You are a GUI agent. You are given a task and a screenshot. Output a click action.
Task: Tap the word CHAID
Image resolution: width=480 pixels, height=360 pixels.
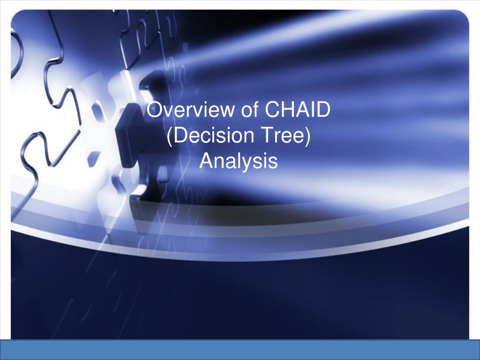coord(297,109)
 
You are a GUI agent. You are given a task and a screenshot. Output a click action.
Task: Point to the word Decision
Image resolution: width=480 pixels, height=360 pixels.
coord(214,135)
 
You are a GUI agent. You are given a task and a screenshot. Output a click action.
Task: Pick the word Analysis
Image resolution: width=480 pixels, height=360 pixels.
coord(239,161)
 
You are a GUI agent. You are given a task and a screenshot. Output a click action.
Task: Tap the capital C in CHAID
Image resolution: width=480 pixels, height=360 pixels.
coord(272,109)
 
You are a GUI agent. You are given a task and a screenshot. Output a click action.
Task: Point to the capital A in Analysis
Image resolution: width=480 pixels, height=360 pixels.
coord(207,161)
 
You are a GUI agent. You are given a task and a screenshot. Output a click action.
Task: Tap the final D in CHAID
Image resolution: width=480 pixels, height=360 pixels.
coord(323,109)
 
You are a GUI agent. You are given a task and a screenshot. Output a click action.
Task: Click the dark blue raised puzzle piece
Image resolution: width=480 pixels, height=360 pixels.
coord(132,135)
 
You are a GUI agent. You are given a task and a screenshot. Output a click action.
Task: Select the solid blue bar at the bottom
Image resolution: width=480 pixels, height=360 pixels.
coord(240,350)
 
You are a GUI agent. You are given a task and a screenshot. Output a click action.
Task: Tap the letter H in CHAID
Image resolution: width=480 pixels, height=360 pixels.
coord(289,109)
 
